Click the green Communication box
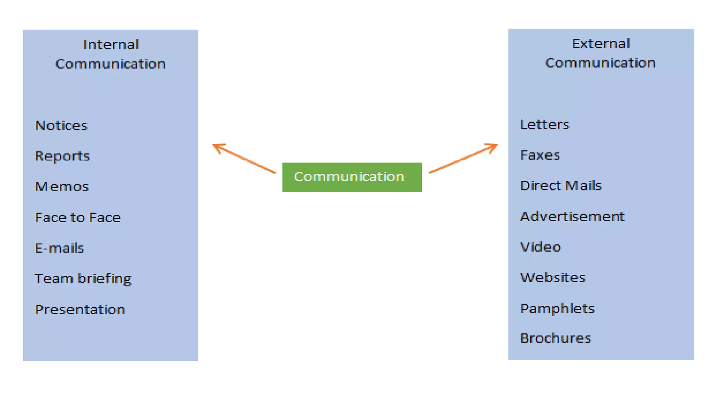352,177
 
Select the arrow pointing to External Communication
463,158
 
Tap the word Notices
61,125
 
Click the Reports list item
62,156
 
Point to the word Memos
62,187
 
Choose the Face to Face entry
77,217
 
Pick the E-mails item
59,248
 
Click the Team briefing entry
83,279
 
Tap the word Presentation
80,309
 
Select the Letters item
544,124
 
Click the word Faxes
540,155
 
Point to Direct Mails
560,186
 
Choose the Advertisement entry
572,216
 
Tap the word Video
540,247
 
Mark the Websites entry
553,278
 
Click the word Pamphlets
557,308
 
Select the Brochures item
555,338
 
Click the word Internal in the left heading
111,45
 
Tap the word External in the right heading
601,44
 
